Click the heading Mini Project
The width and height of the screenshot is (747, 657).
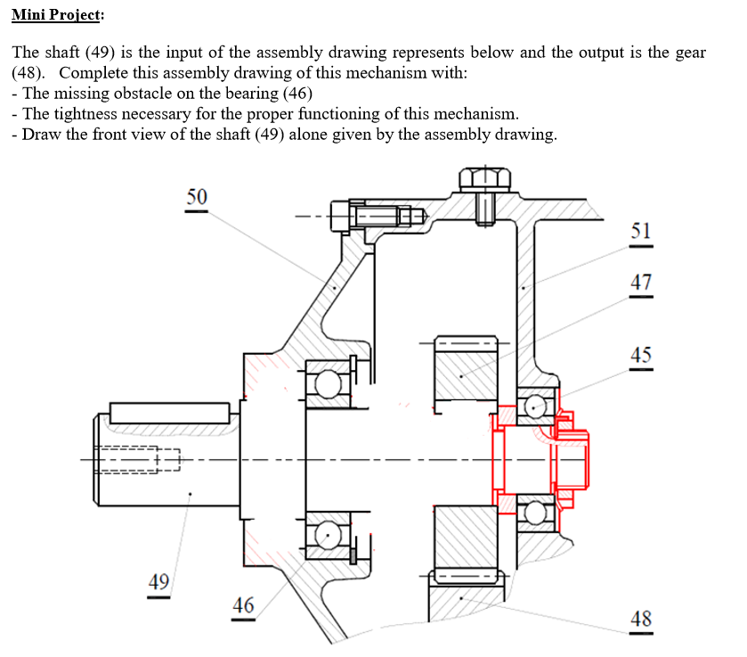pyautogui.click(x=57, y=15)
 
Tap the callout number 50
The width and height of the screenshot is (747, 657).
pyautogui.click(x=197, y=196)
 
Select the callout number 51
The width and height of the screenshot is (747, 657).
pyautogui.click(x=640, y=230)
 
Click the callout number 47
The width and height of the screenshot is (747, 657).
pyautogui.click(x=640, y=283)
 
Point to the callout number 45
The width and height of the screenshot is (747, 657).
pyautogui.click(x=640, y=355)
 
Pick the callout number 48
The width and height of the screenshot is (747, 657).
pyautogui.click(x=640, y=618)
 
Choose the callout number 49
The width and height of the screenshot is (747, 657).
pyautogui.click(x=158, y=583)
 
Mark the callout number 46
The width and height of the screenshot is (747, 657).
pyautogui.click(x=243, y=605)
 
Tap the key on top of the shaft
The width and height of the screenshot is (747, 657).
pyautogui.click(x=170, y=413)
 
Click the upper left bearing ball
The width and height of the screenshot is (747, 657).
pyautogui.click(x=326, y=383)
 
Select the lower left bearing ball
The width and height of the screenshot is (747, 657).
pyautogui.click(x=326, y=537)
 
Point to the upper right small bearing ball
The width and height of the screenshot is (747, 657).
pyautogui.click(x=534, y=407)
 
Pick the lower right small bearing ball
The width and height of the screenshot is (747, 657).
pyautogui.click(x=534, y=512)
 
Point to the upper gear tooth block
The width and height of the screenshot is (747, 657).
pyautogui.click(x=463, y=373)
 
